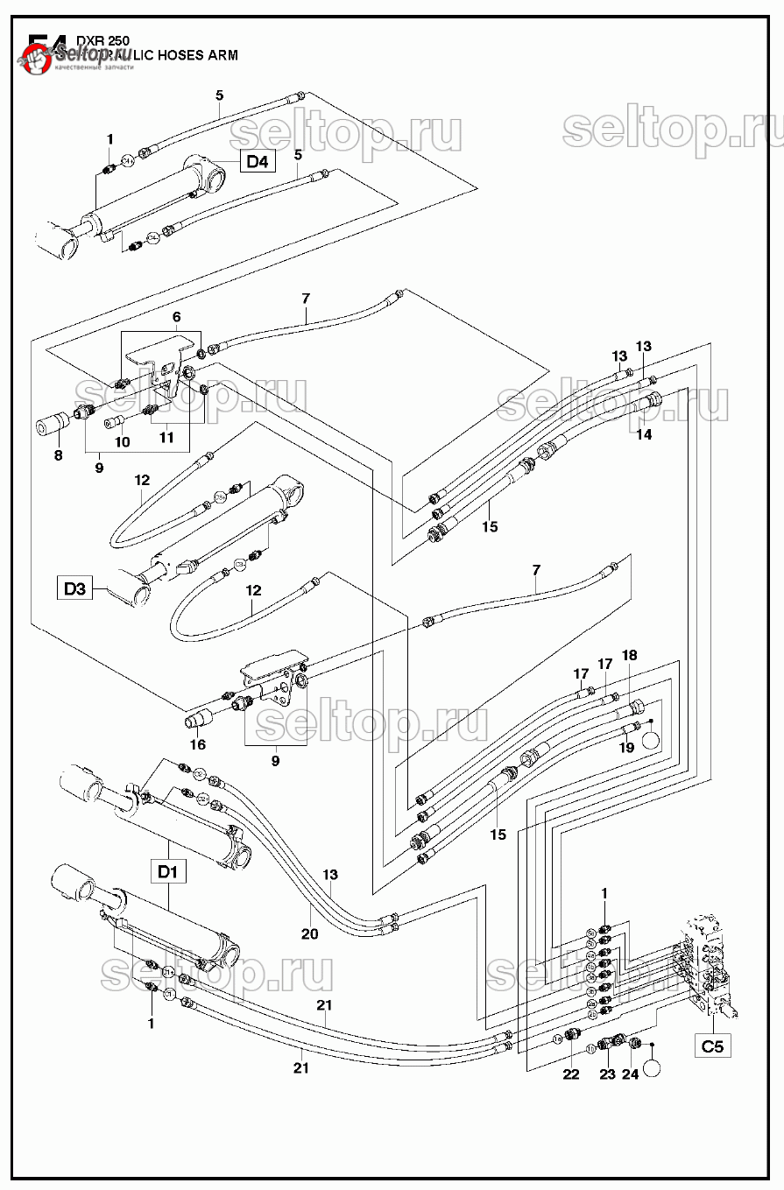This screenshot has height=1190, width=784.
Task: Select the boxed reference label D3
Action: click(75, 588)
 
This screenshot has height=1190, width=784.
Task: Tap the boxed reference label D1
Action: click(168, 871)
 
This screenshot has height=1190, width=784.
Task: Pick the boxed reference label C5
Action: click(713, 1046)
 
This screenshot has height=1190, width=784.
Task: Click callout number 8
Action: click(59, 455)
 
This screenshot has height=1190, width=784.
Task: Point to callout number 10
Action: click(123, 442)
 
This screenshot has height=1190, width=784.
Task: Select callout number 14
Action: click(644, 434)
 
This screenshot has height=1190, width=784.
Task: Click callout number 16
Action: click(198, 744)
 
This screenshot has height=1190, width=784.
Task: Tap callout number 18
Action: click(630, 655)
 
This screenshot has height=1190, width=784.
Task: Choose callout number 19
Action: click(626, 747)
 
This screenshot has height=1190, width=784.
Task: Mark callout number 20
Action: click(310, 933)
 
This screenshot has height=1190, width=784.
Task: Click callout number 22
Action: click(571, 1074)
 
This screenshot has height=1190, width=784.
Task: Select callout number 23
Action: click(607, 1074)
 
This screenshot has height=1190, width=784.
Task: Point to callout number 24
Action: click(631, 1074)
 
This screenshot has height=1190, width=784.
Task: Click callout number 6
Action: click(176, 316)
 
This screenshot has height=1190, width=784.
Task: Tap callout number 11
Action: click(165, 436)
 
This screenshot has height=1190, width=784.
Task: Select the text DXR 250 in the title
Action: click(103, 40)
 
